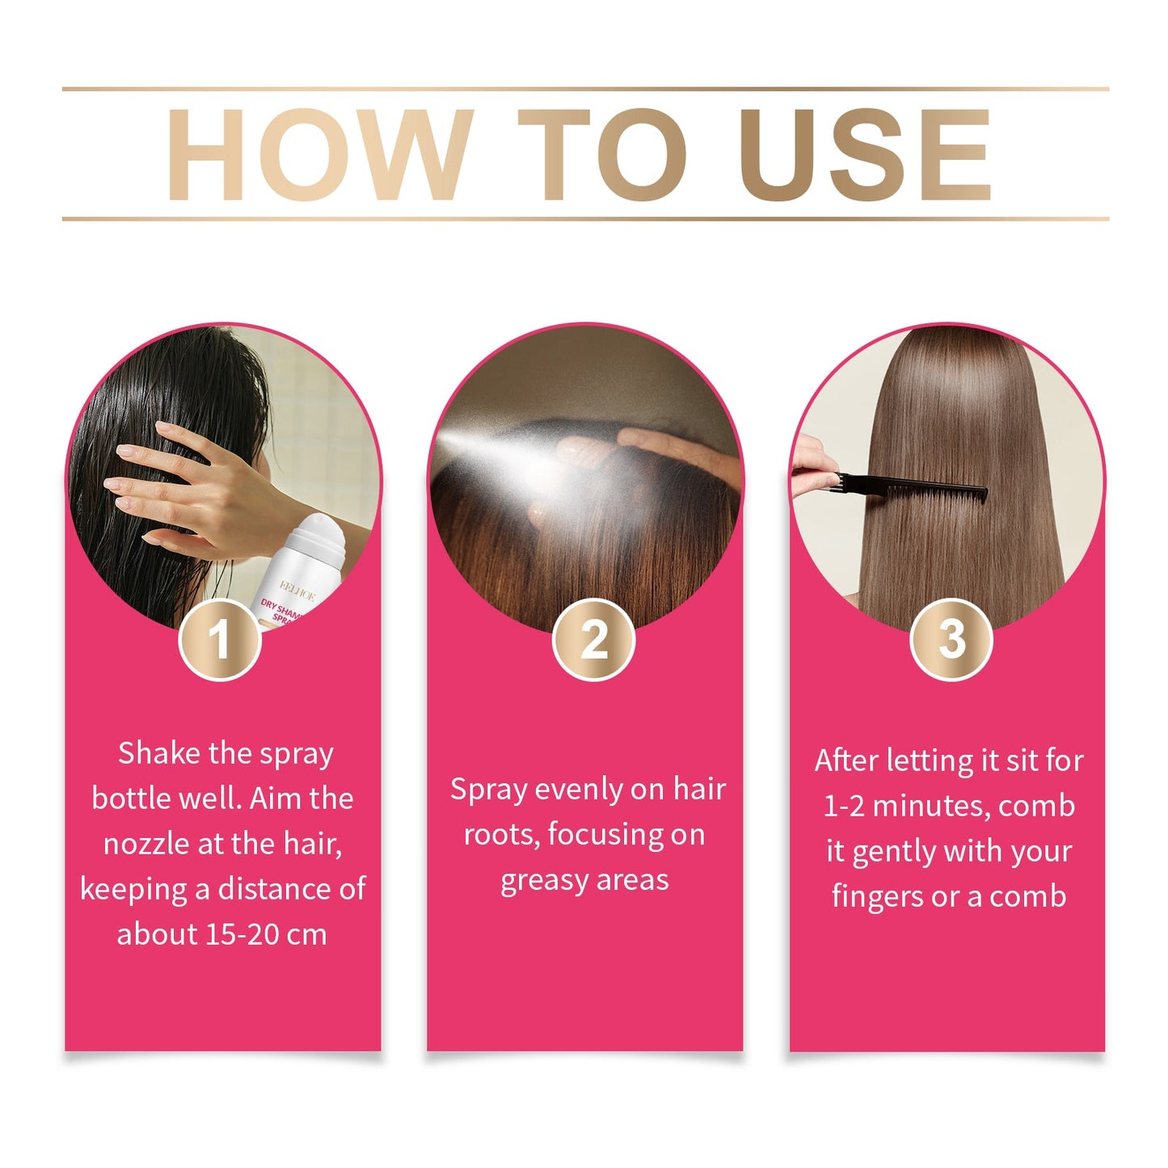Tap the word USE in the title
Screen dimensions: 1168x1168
tap(865, 154)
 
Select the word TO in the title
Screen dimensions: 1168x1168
tap(602, 154)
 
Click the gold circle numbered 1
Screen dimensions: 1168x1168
tap(220, 639)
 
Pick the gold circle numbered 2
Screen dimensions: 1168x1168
tap(594, 639)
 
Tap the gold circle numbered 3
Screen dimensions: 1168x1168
tap(951, 639)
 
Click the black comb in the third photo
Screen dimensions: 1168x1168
tap(913, 485)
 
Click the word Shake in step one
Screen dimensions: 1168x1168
tap(159, 753)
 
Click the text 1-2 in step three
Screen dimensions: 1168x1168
tap(844, 806)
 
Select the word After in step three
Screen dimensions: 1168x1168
tap(846, 761)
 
